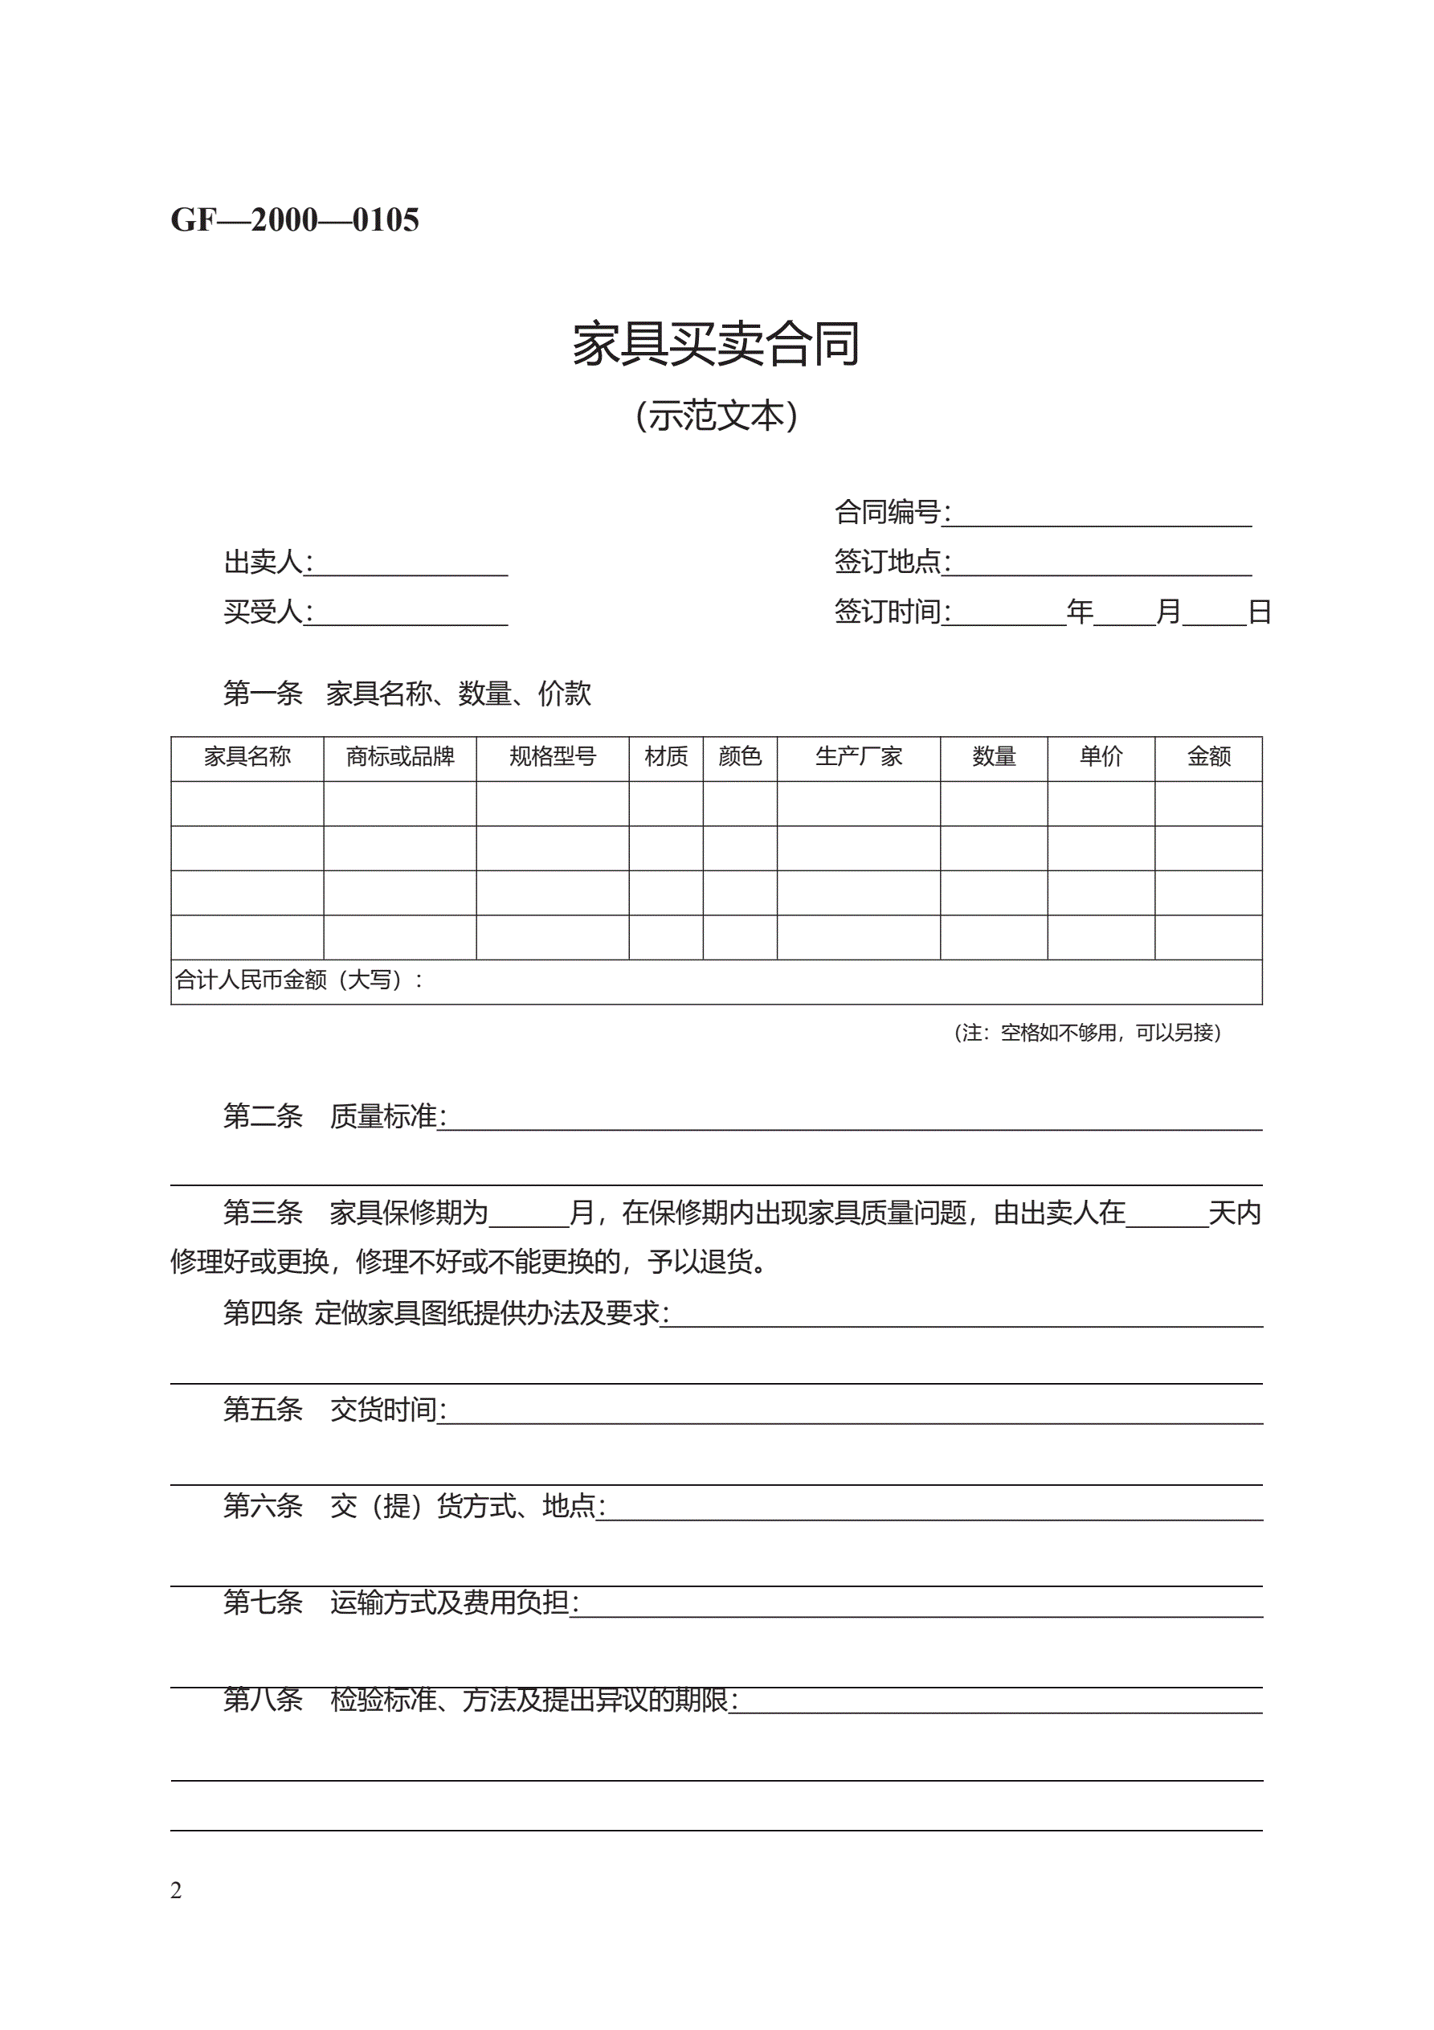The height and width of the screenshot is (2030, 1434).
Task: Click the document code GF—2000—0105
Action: [x=294, y=219]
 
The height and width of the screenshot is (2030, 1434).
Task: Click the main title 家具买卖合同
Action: [x=716, y=344]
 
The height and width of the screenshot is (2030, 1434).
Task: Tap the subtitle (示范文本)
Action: [x=716, y=415]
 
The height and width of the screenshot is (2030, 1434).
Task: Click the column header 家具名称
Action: [x=247, y=757]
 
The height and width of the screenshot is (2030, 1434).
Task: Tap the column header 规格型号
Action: [x=553, y=757]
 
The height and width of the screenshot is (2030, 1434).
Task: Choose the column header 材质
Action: [x=666, y=757]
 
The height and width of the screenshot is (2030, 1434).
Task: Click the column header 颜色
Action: [x=740, y=757]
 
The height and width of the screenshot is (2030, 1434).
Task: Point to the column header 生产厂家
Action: [x=859, y=757]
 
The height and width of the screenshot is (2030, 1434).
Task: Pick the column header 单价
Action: [x=1101, y=757]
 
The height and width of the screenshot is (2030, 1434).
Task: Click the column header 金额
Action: [x=1208, y=757]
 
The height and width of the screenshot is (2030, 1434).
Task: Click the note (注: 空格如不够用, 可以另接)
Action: [x=1088, y=1033]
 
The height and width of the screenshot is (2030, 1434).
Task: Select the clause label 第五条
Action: [x=263, y=1410]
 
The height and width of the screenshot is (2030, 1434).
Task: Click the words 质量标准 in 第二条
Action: [x=384, y=1117]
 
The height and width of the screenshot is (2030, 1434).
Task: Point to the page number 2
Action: [x=176, y=1890]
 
